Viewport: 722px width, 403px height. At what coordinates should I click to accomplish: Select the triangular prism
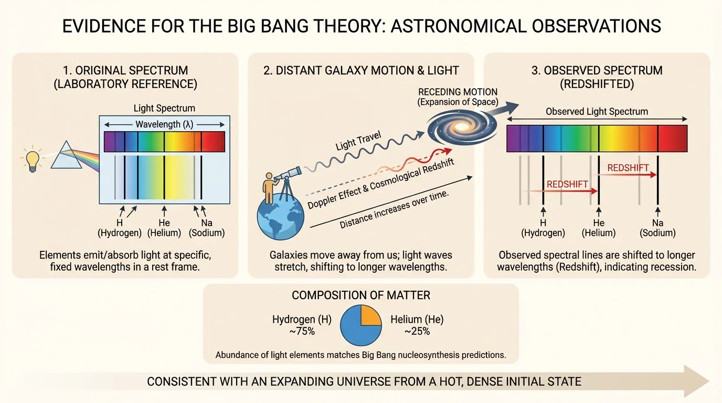click(67, 156)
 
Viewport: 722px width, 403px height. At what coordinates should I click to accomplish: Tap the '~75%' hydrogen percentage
click(301, 331)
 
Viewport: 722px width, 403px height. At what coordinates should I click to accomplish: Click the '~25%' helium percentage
click(417, 331)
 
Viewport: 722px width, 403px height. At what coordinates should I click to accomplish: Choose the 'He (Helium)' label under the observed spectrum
click(599, 228)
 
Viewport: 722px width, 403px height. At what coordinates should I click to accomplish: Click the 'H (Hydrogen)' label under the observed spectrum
click(543, 228)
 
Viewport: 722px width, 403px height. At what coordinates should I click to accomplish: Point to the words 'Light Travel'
click(358, 142)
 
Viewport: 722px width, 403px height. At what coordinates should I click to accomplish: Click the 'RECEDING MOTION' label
click(458, 92)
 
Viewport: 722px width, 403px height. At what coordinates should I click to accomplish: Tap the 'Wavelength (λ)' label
click(164, 124)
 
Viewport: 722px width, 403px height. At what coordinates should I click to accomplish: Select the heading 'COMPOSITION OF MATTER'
click(360, 295)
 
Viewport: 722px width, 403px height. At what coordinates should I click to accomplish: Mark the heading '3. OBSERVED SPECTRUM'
click(597, 70)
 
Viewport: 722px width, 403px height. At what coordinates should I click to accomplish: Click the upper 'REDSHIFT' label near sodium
click(628, 168)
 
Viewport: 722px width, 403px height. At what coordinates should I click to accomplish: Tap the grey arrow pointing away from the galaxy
click(505, 109)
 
